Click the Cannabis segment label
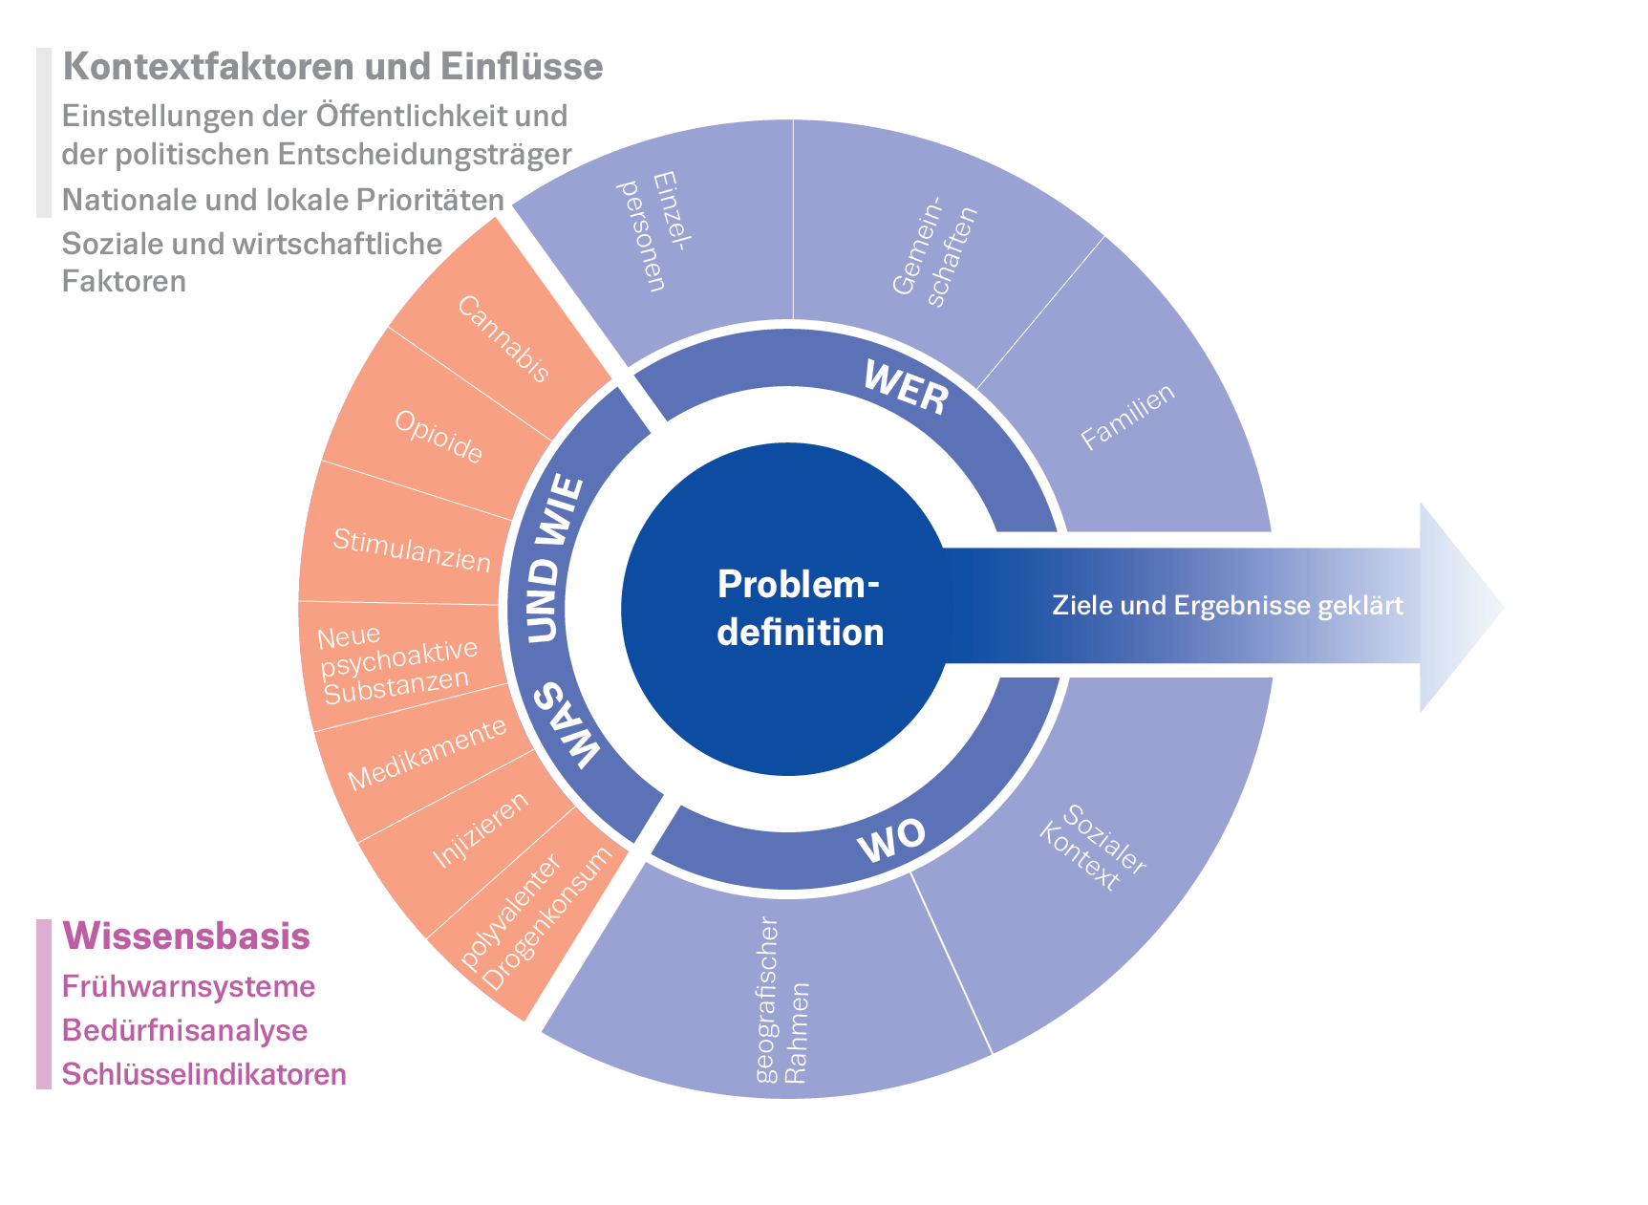click(503, 339)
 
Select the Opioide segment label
click(439, 437)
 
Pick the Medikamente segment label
click(427, 755)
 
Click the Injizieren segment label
click(481, 829)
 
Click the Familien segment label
click(1127, 418)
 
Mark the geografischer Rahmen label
click(781, 1000)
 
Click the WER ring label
click(906, 387)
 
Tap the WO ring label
click(890, 840)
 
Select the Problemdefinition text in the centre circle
click(799, 609)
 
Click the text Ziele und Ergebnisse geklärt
click(1228, 606)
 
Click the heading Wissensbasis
click(186, 936)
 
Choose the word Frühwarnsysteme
click(188, 986)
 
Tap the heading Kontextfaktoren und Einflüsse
click(332, 67)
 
